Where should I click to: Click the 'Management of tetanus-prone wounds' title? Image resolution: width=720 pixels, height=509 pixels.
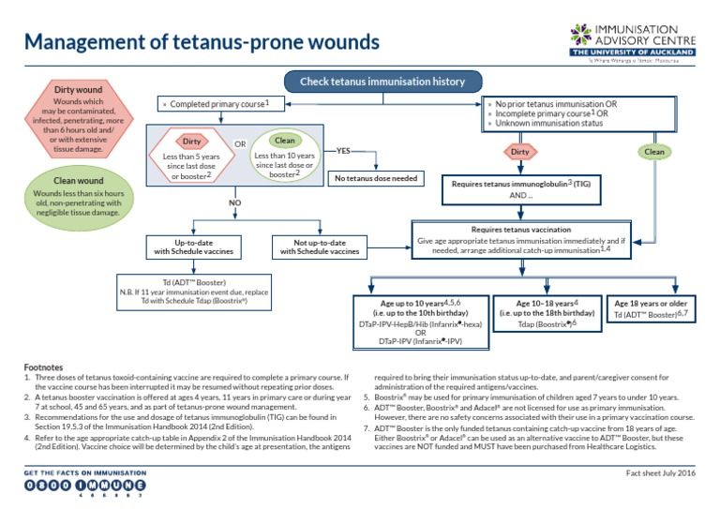pos(202,42)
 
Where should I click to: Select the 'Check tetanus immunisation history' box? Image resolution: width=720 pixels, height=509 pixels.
pos(382,82)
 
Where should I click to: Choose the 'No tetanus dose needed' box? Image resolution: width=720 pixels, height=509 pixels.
pos(375,178)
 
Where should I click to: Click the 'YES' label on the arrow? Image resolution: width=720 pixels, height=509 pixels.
pos(343,150)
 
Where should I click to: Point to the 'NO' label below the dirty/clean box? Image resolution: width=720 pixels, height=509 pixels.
pos(234,202)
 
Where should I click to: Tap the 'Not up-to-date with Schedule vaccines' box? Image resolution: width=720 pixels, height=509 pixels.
pos(319,247)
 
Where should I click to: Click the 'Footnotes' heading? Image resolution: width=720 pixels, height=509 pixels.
pos(44,368)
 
